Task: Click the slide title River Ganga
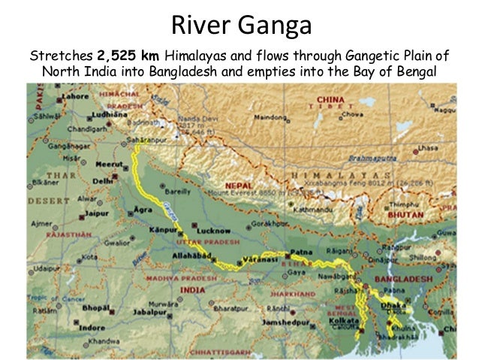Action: click(x=240, y=25)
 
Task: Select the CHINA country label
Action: click(x=330, y=99)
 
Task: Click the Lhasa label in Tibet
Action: click(x=429, y=149)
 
